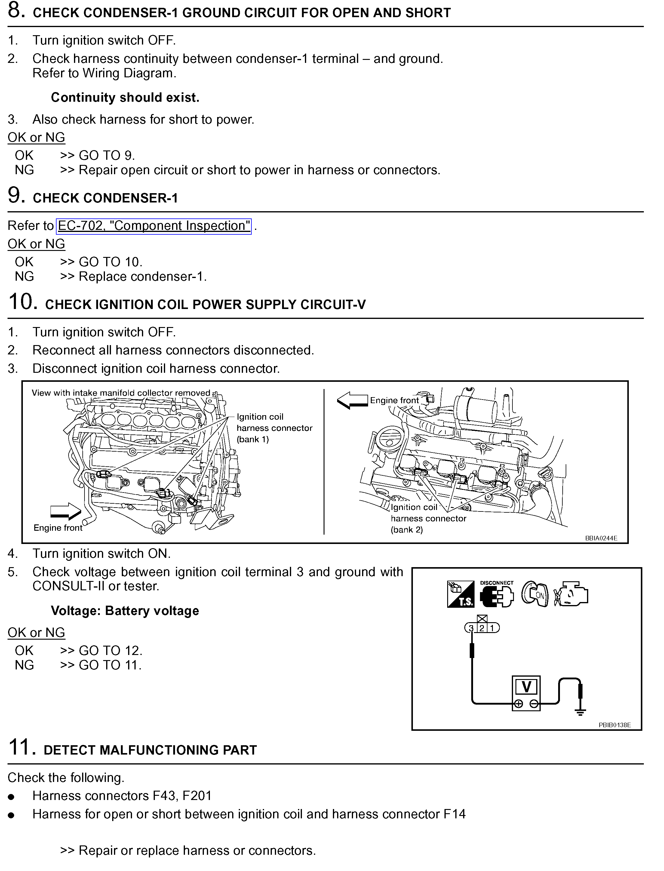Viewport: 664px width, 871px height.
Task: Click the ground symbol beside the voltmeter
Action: click(580, 712)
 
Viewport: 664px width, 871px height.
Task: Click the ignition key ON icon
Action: click(535, 594)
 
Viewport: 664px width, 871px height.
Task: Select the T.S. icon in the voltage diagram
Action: click(460, 594)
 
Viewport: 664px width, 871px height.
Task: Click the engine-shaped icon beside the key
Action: click(571, 594)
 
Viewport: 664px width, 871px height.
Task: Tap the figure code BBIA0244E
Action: click(601, 538)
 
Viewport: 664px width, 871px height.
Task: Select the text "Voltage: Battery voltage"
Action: click(125, 611)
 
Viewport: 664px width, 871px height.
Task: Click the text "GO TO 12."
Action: click(111, 651)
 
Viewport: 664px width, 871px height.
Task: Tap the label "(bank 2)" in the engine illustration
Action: click(407, 530)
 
